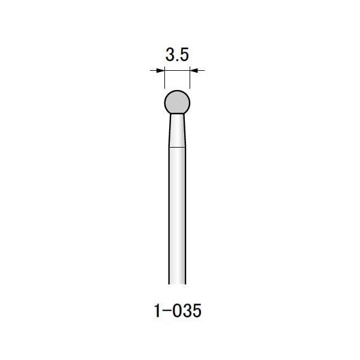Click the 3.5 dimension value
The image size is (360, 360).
pyautogui.click(x=177, y=55)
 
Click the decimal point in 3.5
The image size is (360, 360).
pyautogui.click(x=177, y=61)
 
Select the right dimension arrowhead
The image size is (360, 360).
pyautogui.click(x=194, y=71)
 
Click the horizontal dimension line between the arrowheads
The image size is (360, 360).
pyautogui.click(x=177, y=71)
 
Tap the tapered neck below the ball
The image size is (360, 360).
pyautogui.click(x=177, y=129)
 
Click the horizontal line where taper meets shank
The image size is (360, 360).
pyautogui.click(x=177, y=146)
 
